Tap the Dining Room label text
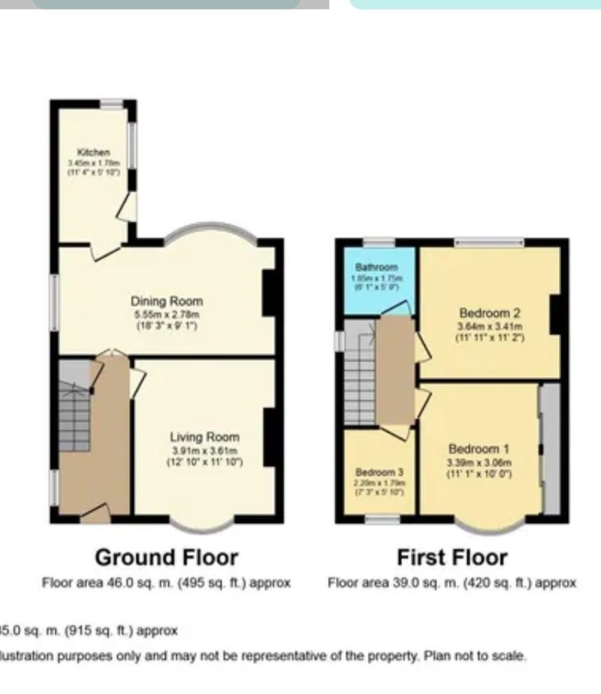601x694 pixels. [x=167, y=301]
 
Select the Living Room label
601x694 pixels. [x=204, y=437]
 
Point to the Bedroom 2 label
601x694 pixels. [x=490, y=313]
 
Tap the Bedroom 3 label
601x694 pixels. [x=379, y=472]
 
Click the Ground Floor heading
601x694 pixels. [x=166, y=557]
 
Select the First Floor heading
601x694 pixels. [x=452, y=557]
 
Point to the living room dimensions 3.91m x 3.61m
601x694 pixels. [x=204, y=450]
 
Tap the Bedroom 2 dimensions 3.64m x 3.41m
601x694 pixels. [x=490, y=327]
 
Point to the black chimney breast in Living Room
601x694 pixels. [x=268, y=437]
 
